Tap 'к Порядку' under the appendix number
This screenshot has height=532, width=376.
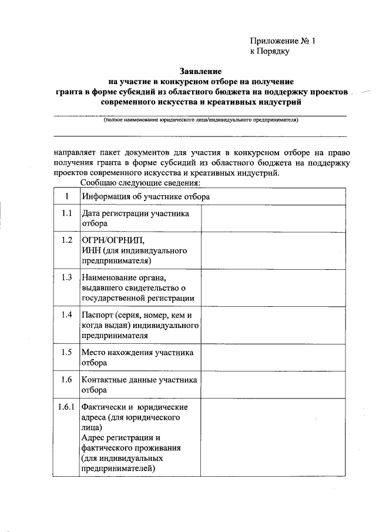[x=270, y=51]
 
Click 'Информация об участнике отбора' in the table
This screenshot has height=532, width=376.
[x=146, y=196]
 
